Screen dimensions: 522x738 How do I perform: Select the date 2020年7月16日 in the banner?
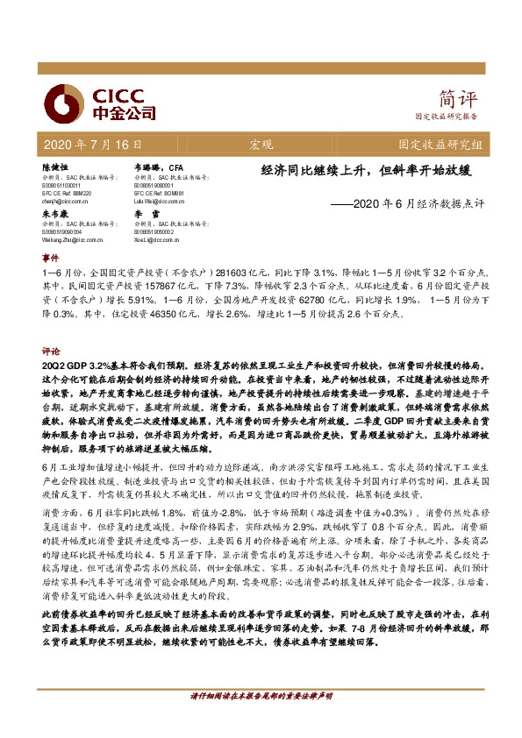tap(91, 142)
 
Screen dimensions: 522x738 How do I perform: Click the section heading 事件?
tap(49, 259)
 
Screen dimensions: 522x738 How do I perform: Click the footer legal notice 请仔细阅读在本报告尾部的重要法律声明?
tap(261, 720)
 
